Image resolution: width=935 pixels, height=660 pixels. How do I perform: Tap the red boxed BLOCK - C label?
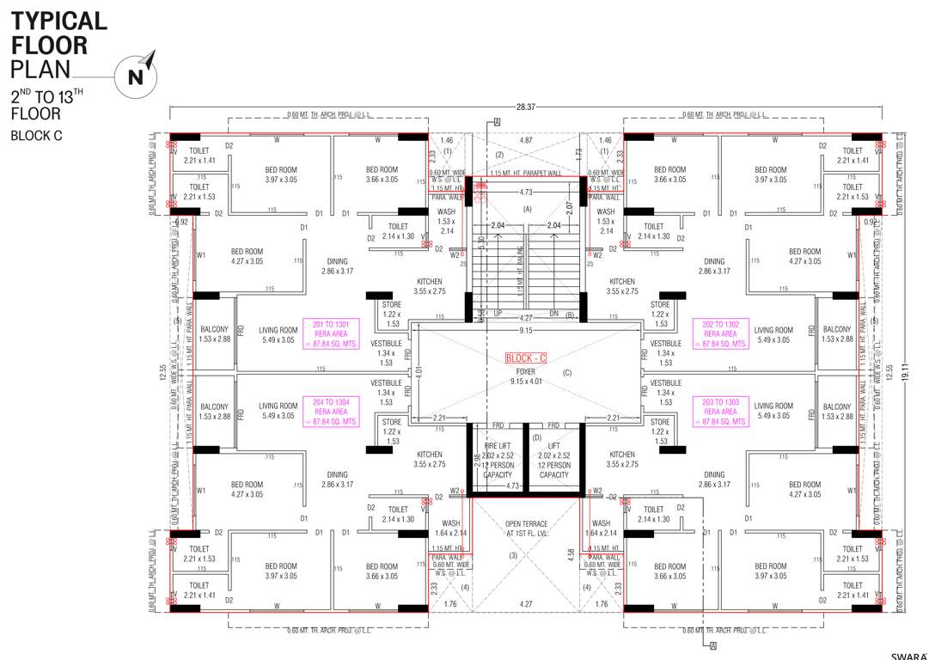(x=527, y=357)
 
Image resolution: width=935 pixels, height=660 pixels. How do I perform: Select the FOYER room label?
(x=527, y=371)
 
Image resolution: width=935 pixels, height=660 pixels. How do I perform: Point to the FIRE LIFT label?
(x=498, y=445)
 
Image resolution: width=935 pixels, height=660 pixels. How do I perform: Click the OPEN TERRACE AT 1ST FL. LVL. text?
(x=527, y=528)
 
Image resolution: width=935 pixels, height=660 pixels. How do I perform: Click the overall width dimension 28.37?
(x=526, y=107)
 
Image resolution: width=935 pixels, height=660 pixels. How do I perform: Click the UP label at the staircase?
(x=498, y=315)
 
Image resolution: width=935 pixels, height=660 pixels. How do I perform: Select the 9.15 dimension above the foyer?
(x=526, y=331)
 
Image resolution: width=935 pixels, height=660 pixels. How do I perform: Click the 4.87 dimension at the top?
(x=527, y=139)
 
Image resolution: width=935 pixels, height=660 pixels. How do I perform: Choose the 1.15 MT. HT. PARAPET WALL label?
(x=526, y=173)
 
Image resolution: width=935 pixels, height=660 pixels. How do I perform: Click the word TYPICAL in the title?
(x=58, y=21)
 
